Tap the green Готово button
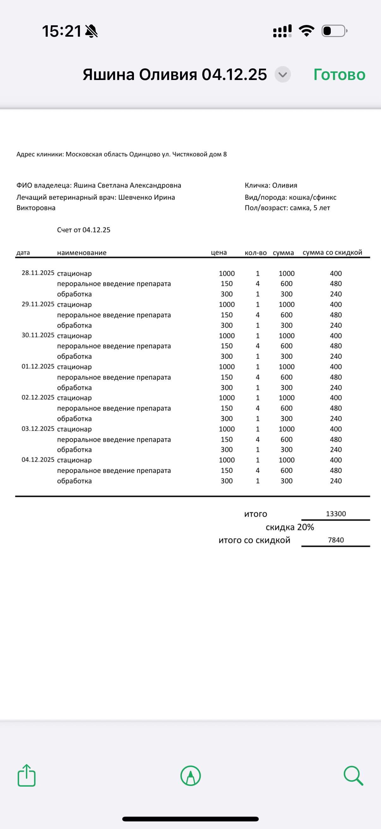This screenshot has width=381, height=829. pos(339,75)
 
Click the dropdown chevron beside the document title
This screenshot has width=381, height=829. pos(283,75)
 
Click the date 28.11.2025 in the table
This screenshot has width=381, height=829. pos(38,273)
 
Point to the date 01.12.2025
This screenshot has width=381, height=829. pos(38,366)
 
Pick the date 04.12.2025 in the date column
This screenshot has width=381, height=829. pos(38,460)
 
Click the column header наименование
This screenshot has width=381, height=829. pos(82,253)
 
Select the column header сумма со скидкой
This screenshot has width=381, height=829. pos(332,253)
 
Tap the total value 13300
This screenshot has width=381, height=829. pos(336,513)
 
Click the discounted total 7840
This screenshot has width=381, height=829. pos(336,540)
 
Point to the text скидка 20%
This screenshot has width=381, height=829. pos(290,527)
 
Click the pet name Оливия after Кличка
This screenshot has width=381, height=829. pos(285,185)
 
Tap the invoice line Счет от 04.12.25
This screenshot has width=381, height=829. pos(84,230)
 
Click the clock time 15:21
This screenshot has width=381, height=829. pos(61,31)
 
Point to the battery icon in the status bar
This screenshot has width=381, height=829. pos(334,31)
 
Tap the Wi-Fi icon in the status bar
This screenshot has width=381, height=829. pos(306,31)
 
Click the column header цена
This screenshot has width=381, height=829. pos(219,253)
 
